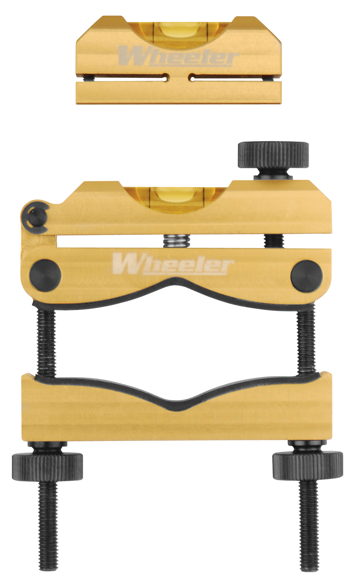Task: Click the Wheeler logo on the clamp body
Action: [x=173, y=264]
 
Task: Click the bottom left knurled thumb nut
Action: [x=47, y=466]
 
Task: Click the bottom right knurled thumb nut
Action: [x=307, y=465]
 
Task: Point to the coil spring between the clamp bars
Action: [x=176, y=240]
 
